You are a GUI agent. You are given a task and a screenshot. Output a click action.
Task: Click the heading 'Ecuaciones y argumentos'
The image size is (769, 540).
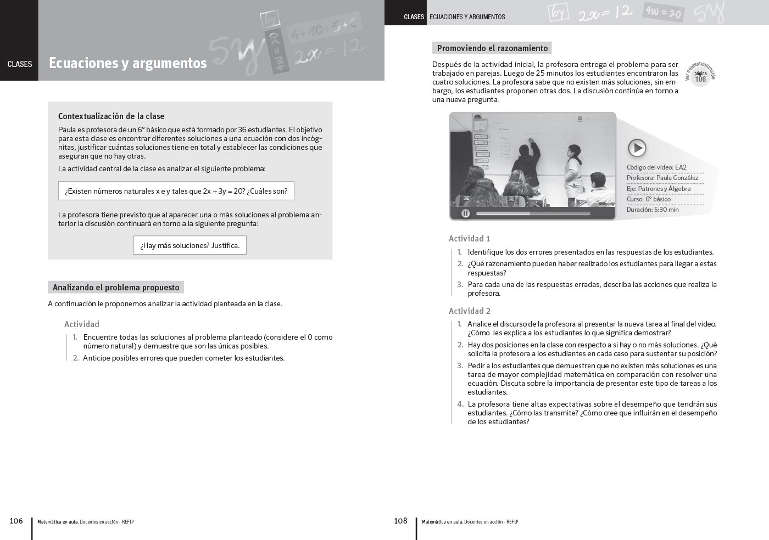pyautogui.click(x=127, y=63)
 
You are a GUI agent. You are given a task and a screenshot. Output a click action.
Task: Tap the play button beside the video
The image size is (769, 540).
pyautogui.click(x=637, y=148)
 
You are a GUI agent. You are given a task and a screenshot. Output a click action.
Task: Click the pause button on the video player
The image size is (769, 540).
pyautogui.click(x=465, y=213)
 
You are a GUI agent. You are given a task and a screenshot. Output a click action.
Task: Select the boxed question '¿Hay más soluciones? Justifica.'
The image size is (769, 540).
pyautogui.click(x=190, y=245)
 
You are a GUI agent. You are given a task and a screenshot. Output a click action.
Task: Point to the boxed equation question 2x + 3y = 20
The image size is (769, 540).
pyautogui.click(x=176, y=191)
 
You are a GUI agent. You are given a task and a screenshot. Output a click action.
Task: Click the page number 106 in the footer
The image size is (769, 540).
pyautogui.click(x=16, y=521)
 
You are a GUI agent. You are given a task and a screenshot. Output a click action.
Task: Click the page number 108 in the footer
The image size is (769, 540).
pyautogui.click(x=400, y=521)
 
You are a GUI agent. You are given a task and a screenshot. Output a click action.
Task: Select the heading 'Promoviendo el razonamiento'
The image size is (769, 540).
pyautogui.click(x=492, y=48)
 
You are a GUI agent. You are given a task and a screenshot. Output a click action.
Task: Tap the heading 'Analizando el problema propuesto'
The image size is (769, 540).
pyautogui.click(x=116, y=288)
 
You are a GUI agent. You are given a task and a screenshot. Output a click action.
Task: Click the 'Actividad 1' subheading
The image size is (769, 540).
pyautogui.click(x=469, y=239)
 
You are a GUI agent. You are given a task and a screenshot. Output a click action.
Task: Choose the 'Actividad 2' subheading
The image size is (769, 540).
pyautogui.click(x=469, y=311)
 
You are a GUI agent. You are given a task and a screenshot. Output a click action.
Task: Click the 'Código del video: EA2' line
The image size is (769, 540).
pyautogui.click(x=656, y=167)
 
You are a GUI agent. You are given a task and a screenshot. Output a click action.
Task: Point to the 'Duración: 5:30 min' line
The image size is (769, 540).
pyautogui.click(x=653, y=210)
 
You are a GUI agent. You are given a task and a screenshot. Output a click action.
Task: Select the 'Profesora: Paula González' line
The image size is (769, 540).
pyautogui.click(x=662, y=178)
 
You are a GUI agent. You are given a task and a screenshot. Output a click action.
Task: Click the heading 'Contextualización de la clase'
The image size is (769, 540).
pyautogui.click(x=112, y=116)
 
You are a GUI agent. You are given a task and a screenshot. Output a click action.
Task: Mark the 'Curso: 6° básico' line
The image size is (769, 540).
pyautogui.click(x=649, y=199)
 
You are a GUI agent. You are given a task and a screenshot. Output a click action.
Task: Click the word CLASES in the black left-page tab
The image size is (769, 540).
pyautogui.click(x=20, y=64)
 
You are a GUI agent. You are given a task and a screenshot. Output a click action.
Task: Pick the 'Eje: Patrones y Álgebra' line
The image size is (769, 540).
pyautogui.click(x=659, y=189)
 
